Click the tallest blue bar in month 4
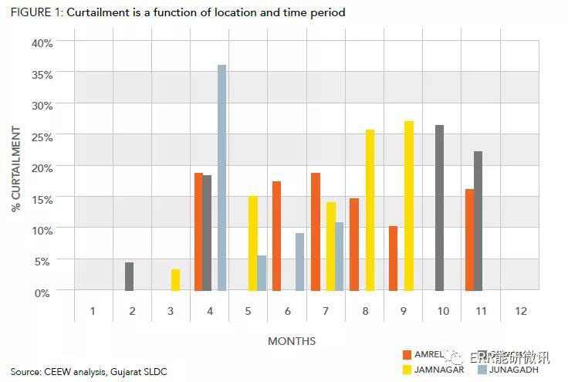coord(221,177)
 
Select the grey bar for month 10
coord(439,208)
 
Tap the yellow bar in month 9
coord(408,205)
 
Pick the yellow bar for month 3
coord(175,280)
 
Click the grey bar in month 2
coord(129,276)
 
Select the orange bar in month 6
coord(276,236)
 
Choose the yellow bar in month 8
coord(370,210)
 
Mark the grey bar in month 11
coord(478,221)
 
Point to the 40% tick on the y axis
coord(42,42)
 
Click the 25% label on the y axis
coord(42,137)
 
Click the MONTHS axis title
coord(292,340)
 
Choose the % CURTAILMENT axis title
coord(16,166)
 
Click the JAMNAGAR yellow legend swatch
coord(407,370)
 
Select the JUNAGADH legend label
coord(515,370)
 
